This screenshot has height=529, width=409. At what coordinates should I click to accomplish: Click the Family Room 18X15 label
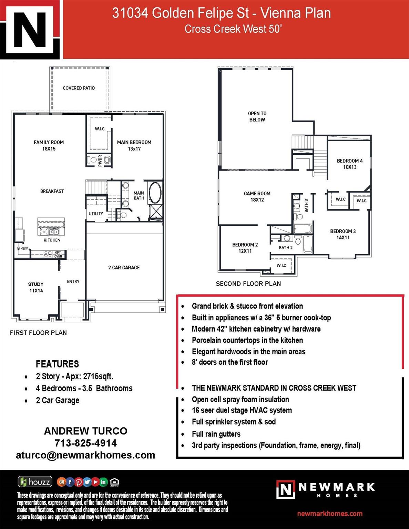(x=49, y=145)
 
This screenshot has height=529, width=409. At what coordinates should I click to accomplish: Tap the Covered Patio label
(x=79, y=88)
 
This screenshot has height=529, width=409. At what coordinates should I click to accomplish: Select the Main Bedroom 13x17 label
(x=134, y=145)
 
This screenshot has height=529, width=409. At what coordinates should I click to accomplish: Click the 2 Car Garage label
(x=124, y=268)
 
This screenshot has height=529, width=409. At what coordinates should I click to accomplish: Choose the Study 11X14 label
(x=36, y=287)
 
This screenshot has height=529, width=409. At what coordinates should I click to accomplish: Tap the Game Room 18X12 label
(x=257, y=196)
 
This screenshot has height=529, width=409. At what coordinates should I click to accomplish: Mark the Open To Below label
(x=257, y=116)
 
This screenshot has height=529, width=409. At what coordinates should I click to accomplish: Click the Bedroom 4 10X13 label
(x=350, y=164)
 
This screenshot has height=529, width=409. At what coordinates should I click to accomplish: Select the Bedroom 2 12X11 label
(x=245, y=248)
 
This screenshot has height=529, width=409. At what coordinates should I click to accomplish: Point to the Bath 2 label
(x=286, y=248)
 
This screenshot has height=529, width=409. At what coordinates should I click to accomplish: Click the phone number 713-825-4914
(x=86, y=443)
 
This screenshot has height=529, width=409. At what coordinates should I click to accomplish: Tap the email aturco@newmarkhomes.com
(x=85, y=455)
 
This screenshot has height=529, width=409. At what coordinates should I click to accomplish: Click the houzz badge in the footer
(x=35, y=481)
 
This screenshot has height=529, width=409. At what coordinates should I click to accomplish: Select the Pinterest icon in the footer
(x=79, y=482)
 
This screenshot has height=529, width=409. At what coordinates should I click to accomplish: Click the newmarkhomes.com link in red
(x=330, y=514)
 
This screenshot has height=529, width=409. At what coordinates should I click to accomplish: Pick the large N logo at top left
(x=30, y=30)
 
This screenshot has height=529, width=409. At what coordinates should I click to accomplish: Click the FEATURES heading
(x=58, y=364)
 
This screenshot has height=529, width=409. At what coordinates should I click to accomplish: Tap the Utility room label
(x=96, y=214)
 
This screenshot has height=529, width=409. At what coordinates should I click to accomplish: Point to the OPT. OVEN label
(x=58, y=255)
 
